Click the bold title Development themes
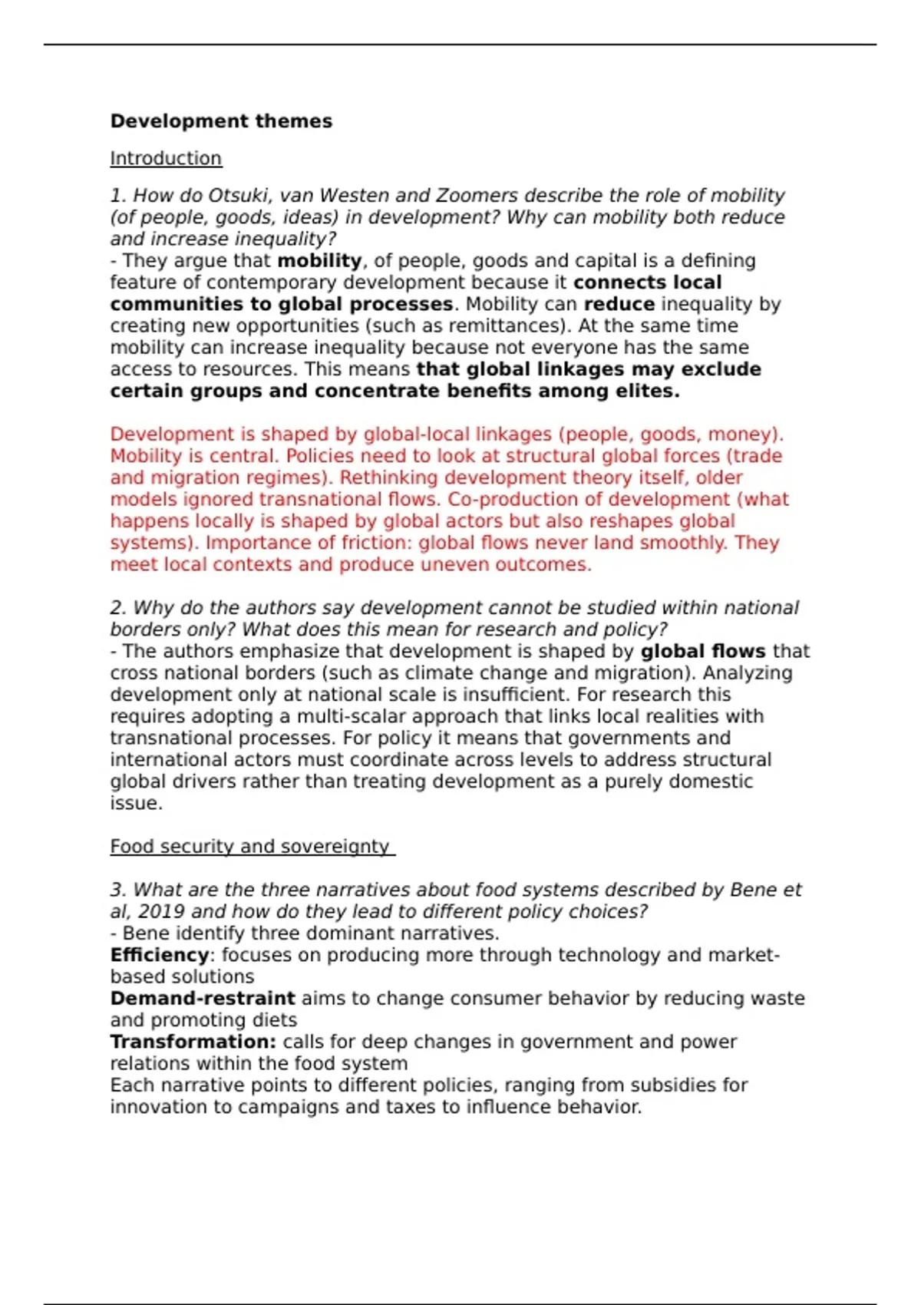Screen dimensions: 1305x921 (221, 121)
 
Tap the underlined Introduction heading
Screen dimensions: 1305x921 (166, 158)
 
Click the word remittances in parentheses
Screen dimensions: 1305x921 (507, 325)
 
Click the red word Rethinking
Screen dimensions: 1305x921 (392, 477)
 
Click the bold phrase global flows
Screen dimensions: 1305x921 (703, 651)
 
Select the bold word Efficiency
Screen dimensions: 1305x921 (160, 955)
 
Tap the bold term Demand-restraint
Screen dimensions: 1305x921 (203, 998)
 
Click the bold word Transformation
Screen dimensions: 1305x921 (193, 1042)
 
